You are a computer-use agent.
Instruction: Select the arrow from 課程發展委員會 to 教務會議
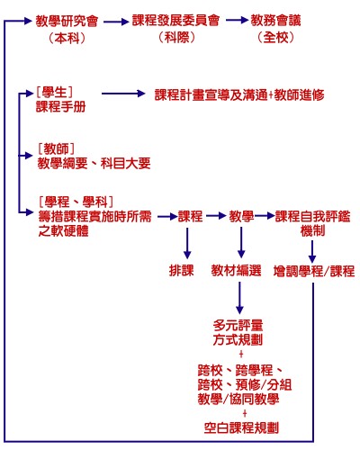235,20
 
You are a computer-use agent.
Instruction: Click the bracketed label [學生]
55,91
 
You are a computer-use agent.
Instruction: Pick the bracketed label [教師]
55,148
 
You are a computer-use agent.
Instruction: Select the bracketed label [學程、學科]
75,201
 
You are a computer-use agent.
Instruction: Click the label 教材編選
236,270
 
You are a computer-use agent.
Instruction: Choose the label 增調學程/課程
313,270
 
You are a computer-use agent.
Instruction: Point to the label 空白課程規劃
240,426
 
